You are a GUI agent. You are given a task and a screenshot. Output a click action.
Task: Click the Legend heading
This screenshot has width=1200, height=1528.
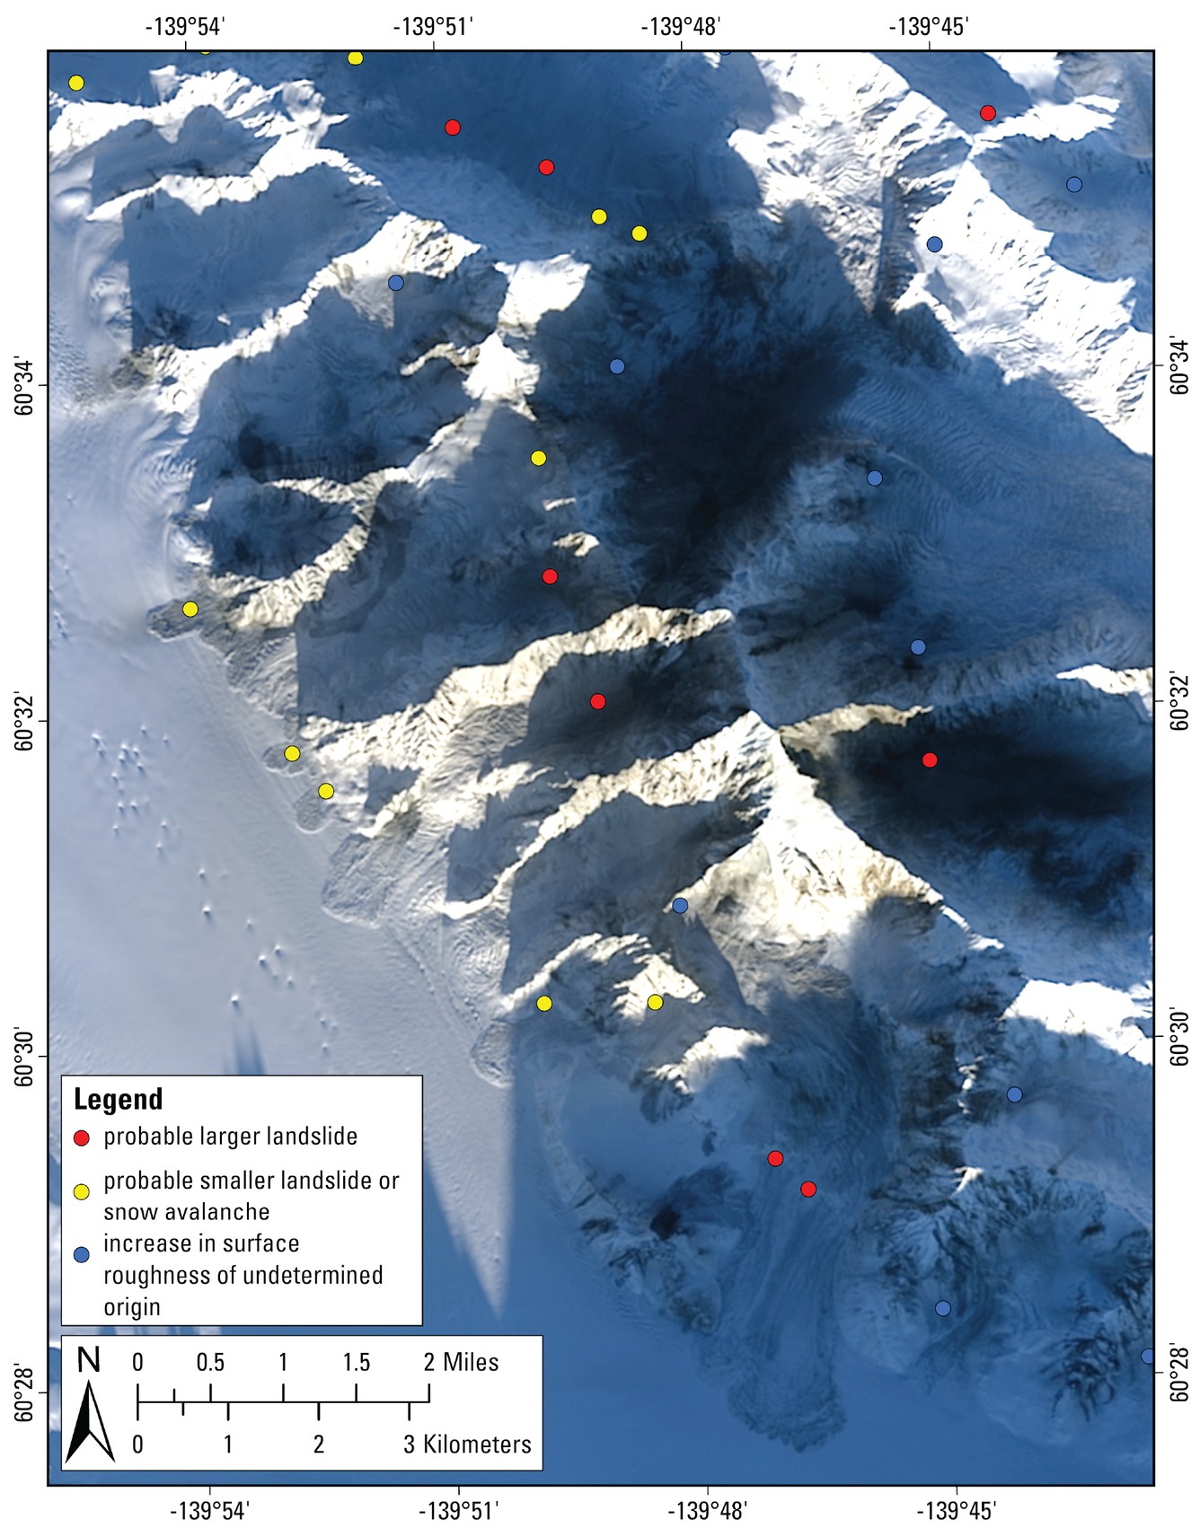click(118, 1099)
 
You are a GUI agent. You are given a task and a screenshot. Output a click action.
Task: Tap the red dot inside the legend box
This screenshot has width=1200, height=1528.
click(82, 1138)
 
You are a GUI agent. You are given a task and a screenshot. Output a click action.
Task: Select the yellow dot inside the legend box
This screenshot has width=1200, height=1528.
click(82, 1192)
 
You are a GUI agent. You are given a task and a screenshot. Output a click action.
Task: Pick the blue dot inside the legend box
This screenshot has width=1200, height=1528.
click(82, 1254)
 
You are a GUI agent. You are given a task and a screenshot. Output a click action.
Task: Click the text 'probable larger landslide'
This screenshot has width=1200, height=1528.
click(230, 1137)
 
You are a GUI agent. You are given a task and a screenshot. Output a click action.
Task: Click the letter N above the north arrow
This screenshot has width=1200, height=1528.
click(88, 1361)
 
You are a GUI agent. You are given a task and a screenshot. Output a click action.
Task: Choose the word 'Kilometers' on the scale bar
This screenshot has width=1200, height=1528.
click(478, 1445)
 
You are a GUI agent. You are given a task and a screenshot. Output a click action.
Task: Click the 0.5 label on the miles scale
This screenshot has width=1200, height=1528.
click(210, 1362)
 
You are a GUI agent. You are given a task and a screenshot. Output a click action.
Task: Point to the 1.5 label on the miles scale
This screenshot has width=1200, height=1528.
click(356, 1362)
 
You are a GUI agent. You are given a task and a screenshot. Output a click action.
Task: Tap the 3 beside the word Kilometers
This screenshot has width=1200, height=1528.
click(410, 1445)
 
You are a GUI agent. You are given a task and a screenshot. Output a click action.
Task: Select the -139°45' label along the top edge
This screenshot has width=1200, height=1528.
click(929, 26)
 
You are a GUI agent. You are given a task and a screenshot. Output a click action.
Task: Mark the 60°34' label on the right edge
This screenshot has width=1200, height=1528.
click(1179, 366)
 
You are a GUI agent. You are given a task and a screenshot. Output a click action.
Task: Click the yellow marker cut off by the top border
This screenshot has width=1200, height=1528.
click(205, 49)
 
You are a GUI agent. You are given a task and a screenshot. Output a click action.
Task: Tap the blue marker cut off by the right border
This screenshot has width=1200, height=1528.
click(1148, 1356)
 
